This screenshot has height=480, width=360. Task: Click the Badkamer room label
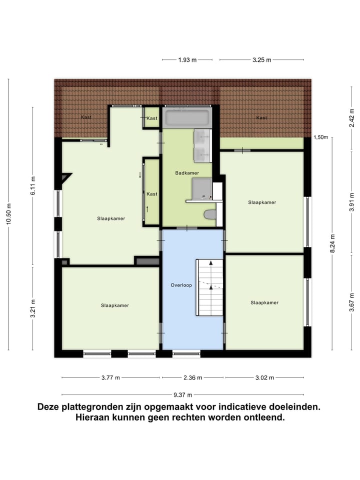(187, 173)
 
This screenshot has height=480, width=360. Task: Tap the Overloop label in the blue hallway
(181, 285)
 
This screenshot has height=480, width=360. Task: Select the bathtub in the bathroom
(187, 118)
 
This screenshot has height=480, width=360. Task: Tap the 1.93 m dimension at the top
(187, 60)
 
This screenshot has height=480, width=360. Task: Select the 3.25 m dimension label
(261, 60)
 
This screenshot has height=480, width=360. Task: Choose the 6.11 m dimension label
(33, 185)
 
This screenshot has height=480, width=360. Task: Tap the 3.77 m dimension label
(110, 378)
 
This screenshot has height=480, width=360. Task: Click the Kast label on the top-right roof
(261, 118)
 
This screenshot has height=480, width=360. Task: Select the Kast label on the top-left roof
(86, 117)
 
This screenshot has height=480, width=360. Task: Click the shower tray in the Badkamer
(202, 189)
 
